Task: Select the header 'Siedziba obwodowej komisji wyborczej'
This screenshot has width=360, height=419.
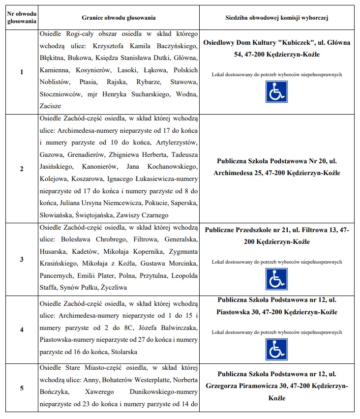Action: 277,18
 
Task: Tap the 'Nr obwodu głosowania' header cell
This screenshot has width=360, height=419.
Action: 21,18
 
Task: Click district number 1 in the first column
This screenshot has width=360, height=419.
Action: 21,72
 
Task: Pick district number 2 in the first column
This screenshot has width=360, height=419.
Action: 21,169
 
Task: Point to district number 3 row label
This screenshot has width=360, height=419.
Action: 21,259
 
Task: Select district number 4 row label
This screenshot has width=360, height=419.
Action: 21,329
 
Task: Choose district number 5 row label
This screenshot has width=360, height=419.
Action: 21,388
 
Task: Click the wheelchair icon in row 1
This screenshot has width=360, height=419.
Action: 277,91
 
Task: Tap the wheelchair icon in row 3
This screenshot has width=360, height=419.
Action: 277,279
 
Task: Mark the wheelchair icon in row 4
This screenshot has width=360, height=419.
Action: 277,349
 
